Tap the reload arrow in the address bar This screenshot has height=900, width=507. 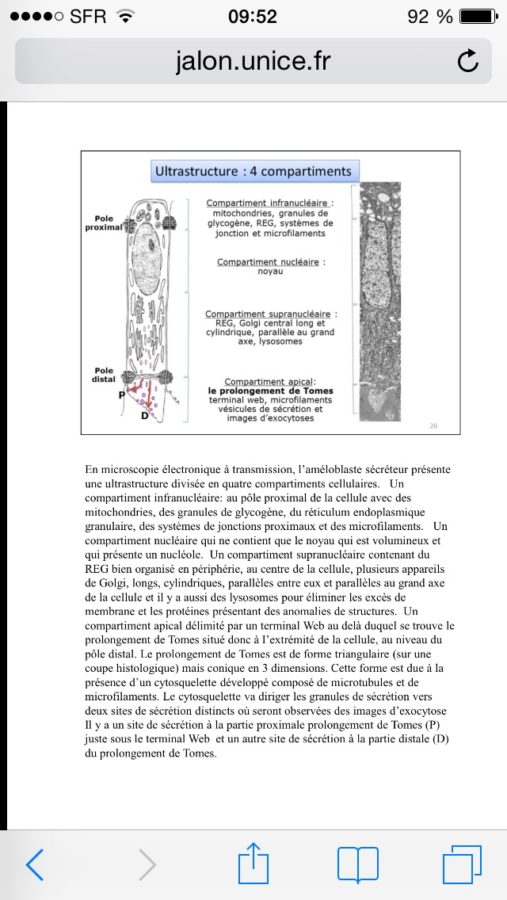point(468,61)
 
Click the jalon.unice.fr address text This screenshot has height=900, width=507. point(253,61)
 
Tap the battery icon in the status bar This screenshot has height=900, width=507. point(478,16)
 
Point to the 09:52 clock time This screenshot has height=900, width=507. point(253,16)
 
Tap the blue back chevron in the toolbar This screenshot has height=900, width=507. point(35,864)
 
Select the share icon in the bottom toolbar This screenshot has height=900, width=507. point(254,863)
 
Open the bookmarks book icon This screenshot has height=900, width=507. point(358,864)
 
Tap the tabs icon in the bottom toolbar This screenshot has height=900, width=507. point(462,864)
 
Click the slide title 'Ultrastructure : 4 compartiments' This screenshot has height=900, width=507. point(253,171)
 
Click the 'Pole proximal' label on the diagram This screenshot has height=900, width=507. point(104,222)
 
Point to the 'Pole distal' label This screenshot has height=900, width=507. point(105,374)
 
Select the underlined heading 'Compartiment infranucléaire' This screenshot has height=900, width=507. point(269,204)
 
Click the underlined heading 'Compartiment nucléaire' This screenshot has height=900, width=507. point(270,261)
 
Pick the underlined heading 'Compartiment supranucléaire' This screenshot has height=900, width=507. point(270,315)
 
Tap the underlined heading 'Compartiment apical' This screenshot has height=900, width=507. point(270,382)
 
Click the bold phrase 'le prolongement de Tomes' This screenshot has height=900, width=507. point(270,391)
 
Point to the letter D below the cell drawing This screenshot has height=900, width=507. point(145,416)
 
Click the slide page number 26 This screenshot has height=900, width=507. point(433,425)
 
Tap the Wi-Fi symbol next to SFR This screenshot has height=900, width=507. point(124,16)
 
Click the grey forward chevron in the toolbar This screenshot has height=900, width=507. point(147,864)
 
